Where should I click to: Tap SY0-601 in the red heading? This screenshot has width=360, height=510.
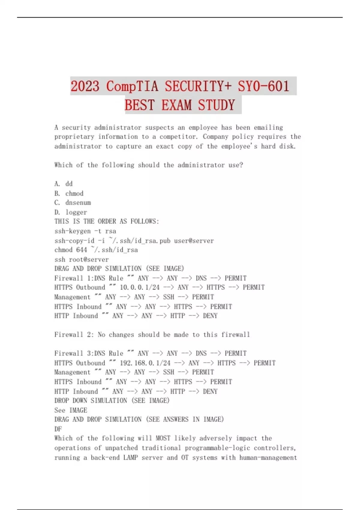click(x=263, y=86)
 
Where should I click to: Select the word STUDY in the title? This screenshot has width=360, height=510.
click(x=216, y=105)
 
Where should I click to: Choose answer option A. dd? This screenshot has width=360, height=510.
click(x=64, y=184)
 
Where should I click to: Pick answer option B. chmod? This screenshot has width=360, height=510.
click(x=69, y=193)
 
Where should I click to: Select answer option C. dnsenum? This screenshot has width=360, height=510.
click(x=73, y=202)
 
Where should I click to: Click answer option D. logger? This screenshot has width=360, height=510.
click(x=71, y=212)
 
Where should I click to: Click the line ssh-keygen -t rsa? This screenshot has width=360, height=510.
click(x=85, y=231)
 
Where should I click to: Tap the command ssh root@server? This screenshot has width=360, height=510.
click(x=82, y=259)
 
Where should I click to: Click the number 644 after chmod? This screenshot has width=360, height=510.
click(x=82, y=250)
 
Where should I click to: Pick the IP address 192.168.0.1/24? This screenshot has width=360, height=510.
click(x=145, y=363)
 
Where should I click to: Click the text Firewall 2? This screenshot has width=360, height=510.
click(x=74, y=334)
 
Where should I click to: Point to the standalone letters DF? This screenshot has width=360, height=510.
click(x=58, y=429)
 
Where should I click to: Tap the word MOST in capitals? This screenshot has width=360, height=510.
click(x=163, y=438)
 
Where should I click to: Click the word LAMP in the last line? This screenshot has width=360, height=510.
click(x=130, y=457)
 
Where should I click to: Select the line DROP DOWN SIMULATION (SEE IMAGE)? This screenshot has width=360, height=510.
click(x=112, y=400)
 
